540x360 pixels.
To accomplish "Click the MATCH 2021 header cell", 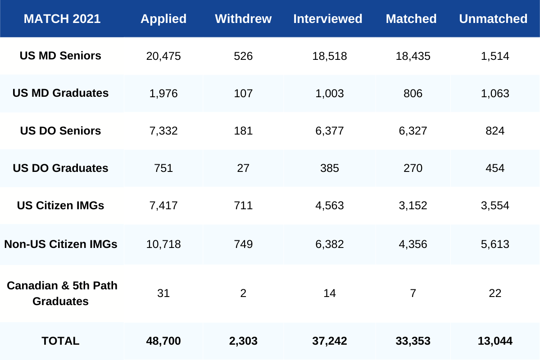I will (x=62, y=19).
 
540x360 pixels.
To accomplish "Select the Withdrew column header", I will (x=243, y=19).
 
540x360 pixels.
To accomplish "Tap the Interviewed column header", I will (x=328, y=19).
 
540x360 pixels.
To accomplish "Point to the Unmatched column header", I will (x=493, y=19).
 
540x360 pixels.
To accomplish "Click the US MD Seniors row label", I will (x=60, y=56).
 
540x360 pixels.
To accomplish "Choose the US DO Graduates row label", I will (x=60, y=168).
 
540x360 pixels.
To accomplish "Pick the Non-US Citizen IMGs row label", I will (x=61, y=244).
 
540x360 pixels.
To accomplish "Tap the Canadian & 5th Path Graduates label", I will (x=62, y=293).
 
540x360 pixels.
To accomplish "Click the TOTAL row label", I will (x=60, y=341).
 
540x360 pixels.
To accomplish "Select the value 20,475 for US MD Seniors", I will (x=163, y=56).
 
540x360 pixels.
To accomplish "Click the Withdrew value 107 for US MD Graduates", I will (x=243, y=94).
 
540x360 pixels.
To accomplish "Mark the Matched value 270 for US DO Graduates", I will (x=413, y=168).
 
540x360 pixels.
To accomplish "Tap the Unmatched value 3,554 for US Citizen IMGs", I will (x=494, y=206).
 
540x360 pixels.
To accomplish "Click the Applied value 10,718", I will (x=163, y=244).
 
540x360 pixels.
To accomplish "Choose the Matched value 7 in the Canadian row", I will (x=413, y=293).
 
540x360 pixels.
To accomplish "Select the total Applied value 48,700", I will (x=163, y=341).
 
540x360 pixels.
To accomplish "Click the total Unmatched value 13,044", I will (x=495, y=341).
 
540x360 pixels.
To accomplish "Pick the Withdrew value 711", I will (x=243, y=206).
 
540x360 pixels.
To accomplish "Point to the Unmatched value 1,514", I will (x=494, y=56).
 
